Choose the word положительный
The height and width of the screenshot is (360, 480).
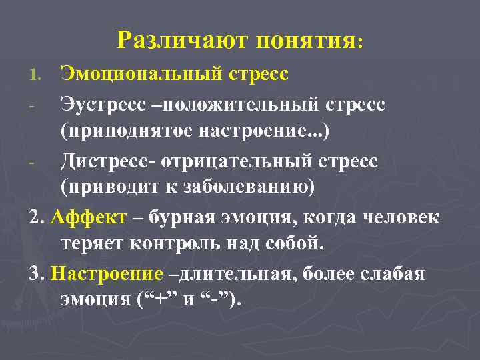(239, 104)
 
